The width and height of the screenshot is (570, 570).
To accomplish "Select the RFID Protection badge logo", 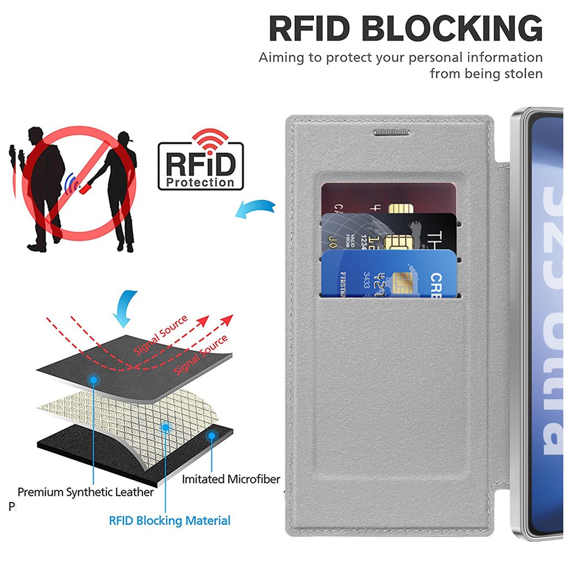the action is click(200, 166).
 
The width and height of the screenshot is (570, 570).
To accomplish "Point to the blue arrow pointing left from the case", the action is click(255, 210).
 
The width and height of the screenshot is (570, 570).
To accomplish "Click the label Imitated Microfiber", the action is click(231, 479).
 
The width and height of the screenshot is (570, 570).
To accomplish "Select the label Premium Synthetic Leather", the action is click(85, 492).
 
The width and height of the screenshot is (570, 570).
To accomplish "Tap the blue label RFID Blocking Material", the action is click(169, 521).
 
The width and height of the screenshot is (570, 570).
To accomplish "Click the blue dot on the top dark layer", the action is click(94, 380).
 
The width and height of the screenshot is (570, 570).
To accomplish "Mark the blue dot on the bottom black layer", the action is click(211, 436).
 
